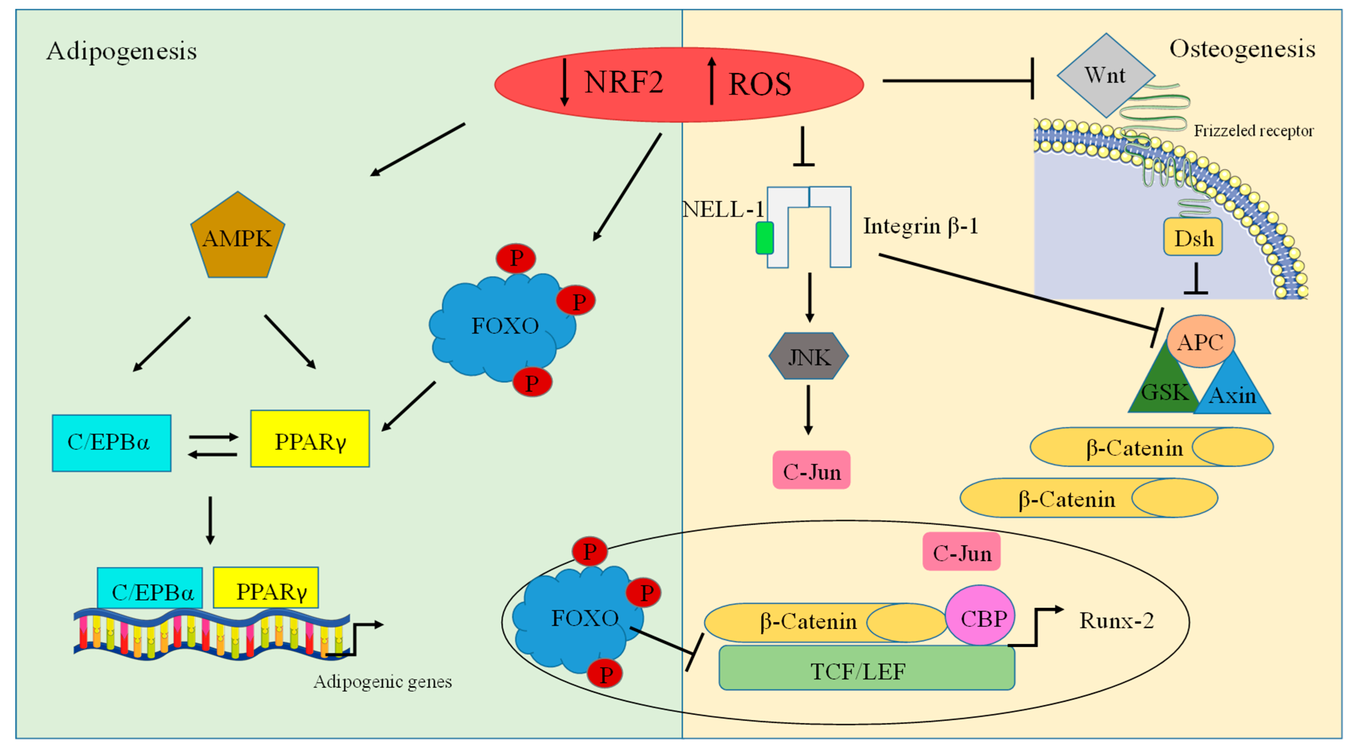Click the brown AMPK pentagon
coord(237,239)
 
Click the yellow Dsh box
coord(1193,238)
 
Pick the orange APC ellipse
coord(1200,342)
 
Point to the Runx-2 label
coord(1116,621)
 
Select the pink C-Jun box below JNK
coord(812,471)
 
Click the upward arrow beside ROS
coord(712,81)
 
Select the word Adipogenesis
coord(122,52)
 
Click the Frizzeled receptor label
coord(1253,131)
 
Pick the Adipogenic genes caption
coord(383,682)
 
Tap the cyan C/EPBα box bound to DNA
coord(151,589)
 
